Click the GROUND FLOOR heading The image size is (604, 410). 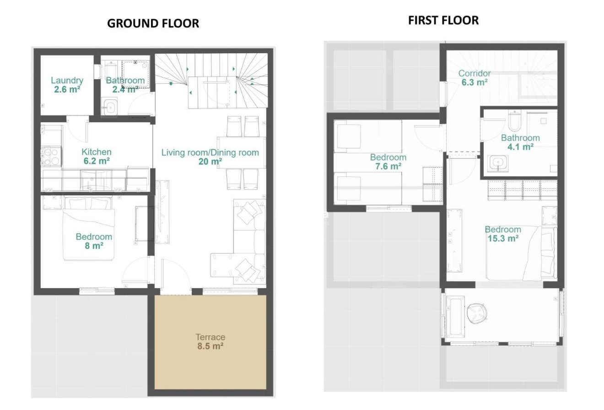tap(153, 23)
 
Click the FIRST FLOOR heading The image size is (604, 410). tap(443, 20)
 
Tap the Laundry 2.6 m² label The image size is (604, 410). tap(67, 85)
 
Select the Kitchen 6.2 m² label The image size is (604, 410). tap(96, 156)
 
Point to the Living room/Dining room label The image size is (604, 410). tap(210, 157)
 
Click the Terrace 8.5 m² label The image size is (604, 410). tap(210, 342)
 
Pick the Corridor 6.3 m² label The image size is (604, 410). tap(474, 77)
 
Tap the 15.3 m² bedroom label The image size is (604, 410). tap(502, 234)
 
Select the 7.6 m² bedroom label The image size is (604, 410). tap(388, 162)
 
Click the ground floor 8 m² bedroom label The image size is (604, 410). tap(93, 241)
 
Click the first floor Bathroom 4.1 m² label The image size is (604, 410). tap(520, 142)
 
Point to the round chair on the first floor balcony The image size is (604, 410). tap(477, 312)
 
